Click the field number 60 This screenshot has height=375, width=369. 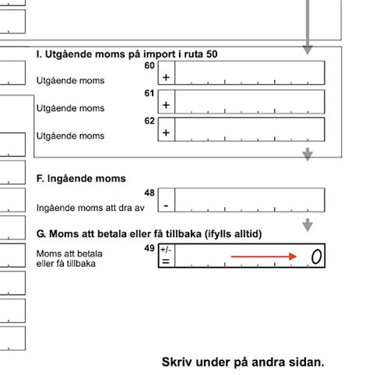pos(150,66)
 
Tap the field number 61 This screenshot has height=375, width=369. pos(150,94)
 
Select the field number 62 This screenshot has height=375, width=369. pos(150,121)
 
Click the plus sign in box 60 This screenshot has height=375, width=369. pos(166,77)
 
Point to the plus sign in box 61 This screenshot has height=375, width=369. pos(166,105)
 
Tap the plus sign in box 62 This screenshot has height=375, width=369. pos(166,133)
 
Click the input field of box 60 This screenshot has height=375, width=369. pos(250,73)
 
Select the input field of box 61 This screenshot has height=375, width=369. pos(250,101)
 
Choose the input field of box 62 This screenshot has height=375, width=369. pos(250,129)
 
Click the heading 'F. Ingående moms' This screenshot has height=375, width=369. pos(81,179)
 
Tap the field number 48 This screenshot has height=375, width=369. pos(150,192)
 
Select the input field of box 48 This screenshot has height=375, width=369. pos(250,201)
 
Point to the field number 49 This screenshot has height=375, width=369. pos(149,248)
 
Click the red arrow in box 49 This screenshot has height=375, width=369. pos(265,256)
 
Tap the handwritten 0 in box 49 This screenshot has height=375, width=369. pos(315,256)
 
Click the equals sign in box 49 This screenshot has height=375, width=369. pos(166,261)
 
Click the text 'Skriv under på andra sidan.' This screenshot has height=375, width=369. pos(242,362)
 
